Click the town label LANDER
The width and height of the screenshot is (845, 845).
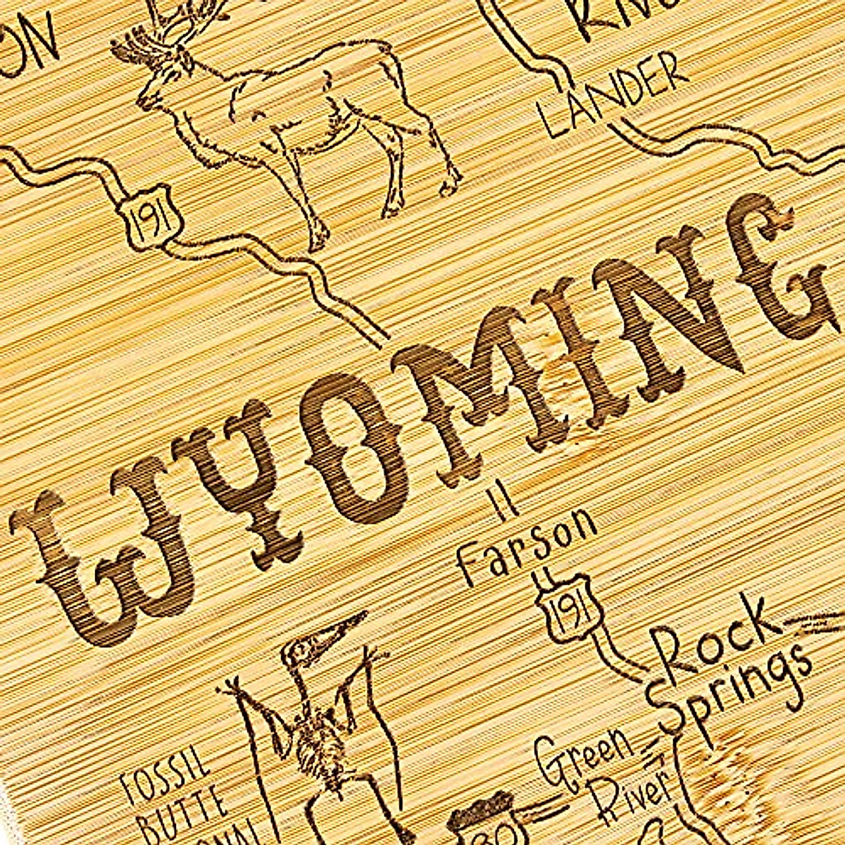click(x=611, y=96)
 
